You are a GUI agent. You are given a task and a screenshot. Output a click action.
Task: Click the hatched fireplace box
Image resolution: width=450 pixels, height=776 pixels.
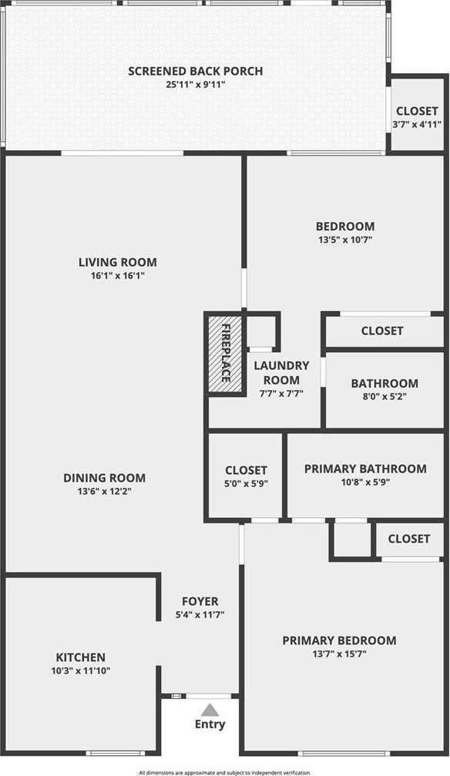225,353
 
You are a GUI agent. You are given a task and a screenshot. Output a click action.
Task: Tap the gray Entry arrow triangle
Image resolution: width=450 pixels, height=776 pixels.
210,710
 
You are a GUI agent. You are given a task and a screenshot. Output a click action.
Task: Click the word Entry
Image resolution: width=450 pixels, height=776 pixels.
210,724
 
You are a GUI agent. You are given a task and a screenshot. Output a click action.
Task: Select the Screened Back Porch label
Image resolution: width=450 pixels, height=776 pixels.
196,71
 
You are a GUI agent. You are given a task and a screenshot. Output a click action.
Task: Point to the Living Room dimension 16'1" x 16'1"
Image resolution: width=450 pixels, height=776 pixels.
118,276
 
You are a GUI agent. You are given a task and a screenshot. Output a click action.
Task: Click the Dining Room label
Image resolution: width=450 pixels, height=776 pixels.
105,478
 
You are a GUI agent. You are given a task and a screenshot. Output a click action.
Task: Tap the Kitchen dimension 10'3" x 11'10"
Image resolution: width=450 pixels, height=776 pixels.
81,671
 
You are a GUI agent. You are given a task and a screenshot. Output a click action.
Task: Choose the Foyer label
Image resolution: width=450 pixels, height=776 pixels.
200,602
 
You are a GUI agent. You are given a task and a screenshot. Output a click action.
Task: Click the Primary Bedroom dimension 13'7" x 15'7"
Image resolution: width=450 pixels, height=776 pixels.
339,653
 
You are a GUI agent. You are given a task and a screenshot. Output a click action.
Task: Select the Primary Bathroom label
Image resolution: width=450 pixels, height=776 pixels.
365,469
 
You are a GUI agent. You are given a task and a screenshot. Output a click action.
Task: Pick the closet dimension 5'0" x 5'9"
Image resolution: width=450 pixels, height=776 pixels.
246,483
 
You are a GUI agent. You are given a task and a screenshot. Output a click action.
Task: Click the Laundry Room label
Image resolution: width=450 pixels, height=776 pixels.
281,373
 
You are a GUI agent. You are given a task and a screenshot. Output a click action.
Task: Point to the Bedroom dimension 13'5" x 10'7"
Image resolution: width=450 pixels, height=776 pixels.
345,240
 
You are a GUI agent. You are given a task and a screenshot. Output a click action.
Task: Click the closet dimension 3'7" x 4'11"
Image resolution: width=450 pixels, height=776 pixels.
417,125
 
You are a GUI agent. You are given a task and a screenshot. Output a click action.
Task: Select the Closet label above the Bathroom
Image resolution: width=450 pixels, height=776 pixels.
382,331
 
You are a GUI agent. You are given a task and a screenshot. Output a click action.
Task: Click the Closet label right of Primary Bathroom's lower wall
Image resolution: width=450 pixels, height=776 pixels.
409,539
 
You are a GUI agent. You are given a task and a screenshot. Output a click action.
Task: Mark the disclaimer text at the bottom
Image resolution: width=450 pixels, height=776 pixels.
224,773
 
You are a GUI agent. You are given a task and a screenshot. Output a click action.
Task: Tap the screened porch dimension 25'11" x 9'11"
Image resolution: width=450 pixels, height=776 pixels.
196,85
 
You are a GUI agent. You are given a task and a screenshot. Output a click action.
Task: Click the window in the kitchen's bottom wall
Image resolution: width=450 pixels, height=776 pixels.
116,753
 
